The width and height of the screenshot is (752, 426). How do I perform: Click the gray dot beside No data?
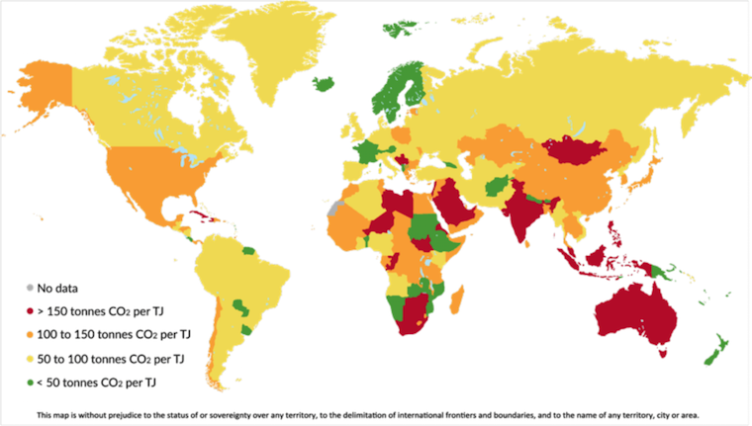[29, 289]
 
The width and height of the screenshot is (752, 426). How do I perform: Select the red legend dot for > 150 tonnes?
[29, 309]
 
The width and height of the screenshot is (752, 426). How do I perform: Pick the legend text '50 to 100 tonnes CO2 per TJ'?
[108, 353]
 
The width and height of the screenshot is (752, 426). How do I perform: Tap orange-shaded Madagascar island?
[457, 298]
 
